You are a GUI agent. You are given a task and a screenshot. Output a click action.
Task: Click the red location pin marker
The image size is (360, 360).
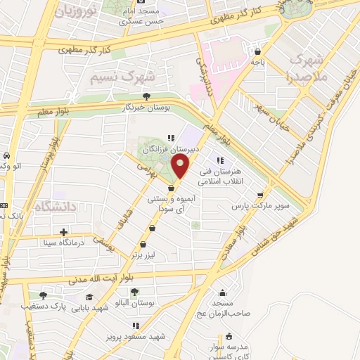pos(181,167)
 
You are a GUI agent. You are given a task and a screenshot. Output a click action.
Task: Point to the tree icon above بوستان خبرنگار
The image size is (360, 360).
pos(146,97)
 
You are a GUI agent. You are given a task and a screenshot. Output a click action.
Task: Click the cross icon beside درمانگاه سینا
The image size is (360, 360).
pos(64,232)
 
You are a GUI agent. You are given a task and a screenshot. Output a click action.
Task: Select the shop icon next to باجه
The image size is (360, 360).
pos(259,51)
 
